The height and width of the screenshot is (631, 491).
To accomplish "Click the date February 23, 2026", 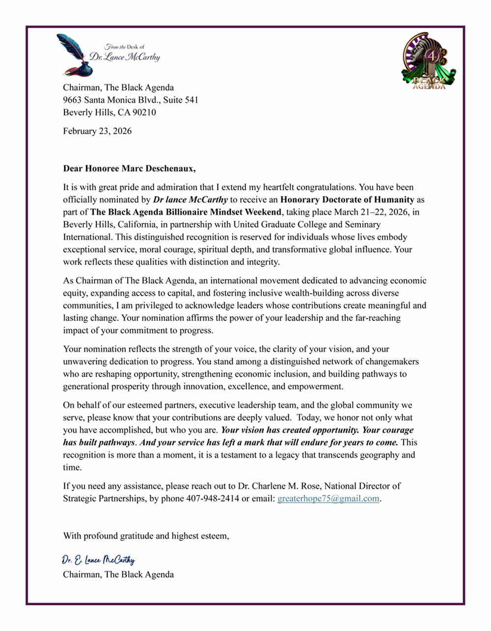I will pyautogui.click(x=97, y=131).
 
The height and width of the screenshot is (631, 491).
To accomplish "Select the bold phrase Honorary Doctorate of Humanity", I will pyautogui.click(x=347, y=200).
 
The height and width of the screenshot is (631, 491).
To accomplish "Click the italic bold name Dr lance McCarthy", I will pyautogui.click(x=190, y=200).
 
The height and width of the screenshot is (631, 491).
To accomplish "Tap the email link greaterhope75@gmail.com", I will pyautogui.click(x=328, y=499).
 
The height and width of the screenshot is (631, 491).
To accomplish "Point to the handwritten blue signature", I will pyautogui.click(x=98, y=560).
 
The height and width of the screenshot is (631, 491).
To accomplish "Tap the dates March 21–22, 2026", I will pyautogui.click(x=372, y=212).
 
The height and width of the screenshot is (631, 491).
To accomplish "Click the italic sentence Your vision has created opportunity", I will pyautogui.click(x=290, y=430).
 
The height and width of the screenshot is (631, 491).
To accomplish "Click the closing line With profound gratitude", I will pyautogui.click(x=146, y=536).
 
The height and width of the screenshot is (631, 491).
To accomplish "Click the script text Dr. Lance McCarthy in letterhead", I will pyautogui.click(x=125, y=57).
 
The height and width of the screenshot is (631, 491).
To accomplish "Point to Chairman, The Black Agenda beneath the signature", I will pyautogui.click(x=118, y=575).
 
